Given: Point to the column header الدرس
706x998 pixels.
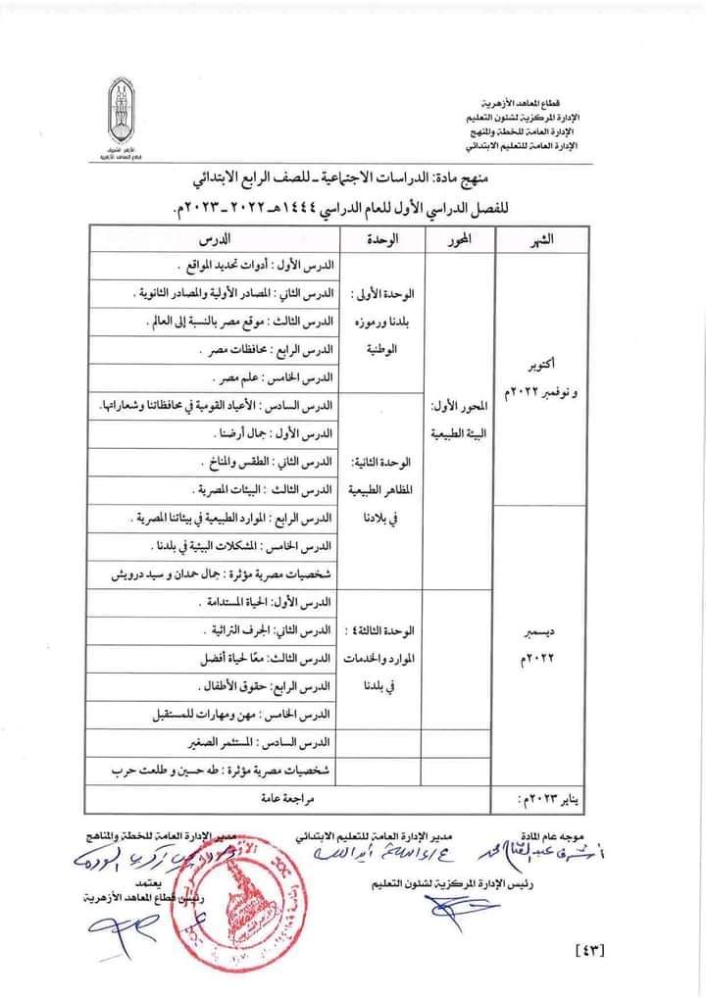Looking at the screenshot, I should click(212, 238).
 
